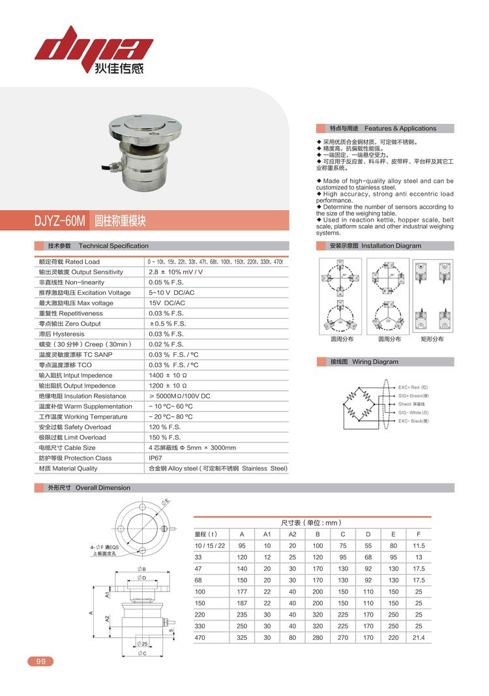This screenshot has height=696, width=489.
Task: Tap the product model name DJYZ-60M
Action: [x=60, y=221]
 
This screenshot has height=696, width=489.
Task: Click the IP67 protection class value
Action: [x=157, y=458]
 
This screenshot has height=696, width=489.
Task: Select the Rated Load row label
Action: [x=69, y=262]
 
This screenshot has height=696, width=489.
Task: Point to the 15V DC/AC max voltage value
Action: [x=167, y=303]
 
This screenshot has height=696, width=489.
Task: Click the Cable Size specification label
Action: [x=67, y=447]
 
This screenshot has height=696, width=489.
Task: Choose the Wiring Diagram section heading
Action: [x=365, y=361]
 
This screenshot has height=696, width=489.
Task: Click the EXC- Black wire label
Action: [x=414, y=421]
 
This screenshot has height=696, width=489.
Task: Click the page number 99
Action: [x=40, y=661]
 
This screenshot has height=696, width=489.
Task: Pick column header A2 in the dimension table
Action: [x=292, y=534]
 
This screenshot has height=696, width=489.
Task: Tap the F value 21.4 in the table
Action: [x=419, y=637]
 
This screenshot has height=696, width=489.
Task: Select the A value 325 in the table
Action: [x=242, y=637]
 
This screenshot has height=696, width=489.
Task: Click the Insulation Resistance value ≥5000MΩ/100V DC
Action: [x=179, y=396]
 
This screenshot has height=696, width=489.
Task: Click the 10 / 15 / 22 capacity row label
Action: [x=210, y=545]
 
